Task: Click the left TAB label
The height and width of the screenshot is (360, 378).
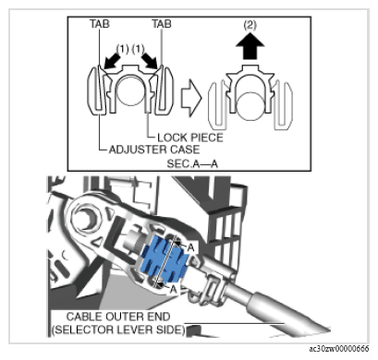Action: click(100, 24)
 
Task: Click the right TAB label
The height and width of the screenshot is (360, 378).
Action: click(162, 24)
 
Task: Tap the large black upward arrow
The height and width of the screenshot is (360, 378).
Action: click(250, 49)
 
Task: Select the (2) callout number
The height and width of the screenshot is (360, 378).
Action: click(250, 25)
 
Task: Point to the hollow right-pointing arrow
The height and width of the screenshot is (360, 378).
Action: click(191, 99)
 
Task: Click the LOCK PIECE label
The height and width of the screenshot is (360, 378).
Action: click(190, 138)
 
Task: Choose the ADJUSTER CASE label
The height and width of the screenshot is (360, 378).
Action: click(154, 150)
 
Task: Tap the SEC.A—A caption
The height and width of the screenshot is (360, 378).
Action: click(192, 163)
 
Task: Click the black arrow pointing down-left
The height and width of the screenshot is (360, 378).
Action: click(112, 61)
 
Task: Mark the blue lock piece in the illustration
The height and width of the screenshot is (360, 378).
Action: click(164, 260)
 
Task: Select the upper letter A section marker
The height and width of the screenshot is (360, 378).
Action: click(191, 247)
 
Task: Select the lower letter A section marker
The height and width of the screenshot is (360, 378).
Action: click(174, 289)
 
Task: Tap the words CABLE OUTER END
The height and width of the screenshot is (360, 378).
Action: click(118, 317)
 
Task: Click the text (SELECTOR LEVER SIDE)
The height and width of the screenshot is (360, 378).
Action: click(118, 330)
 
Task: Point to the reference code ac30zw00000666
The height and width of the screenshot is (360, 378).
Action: click(339, 348)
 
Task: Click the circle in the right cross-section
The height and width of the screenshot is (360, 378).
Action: click(250, 106)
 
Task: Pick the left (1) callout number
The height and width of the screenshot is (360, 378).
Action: click(122, 49)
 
